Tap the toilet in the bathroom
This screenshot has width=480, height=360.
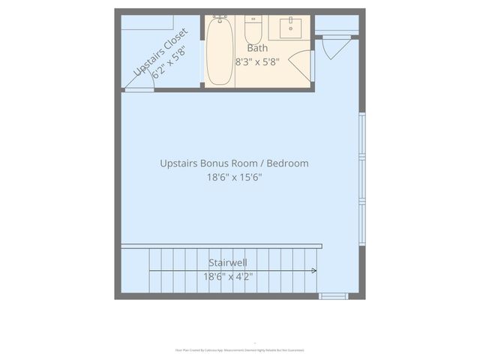point(253,32)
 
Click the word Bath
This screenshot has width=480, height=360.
point(257,48)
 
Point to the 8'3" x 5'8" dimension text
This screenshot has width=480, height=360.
point(257,61)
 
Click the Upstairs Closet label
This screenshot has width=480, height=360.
point(160,51)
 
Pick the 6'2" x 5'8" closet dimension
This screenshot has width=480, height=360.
point(169,63)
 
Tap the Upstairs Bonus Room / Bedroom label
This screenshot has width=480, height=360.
point(234,163)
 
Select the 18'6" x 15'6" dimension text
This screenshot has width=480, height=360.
point(234,178)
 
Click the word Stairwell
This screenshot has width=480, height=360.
point(228,262)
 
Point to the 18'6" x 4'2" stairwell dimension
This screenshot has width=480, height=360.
point(228,276)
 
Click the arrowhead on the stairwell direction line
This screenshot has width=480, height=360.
point(314,271)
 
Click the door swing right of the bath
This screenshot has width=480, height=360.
point(334,47)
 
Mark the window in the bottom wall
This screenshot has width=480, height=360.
point(334,296)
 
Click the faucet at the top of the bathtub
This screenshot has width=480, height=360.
point(220,17)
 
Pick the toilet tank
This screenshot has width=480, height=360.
point(253,19)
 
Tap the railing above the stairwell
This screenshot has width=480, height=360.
point(221,246)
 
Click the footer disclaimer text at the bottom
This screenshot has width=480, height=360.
point(239,349)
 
